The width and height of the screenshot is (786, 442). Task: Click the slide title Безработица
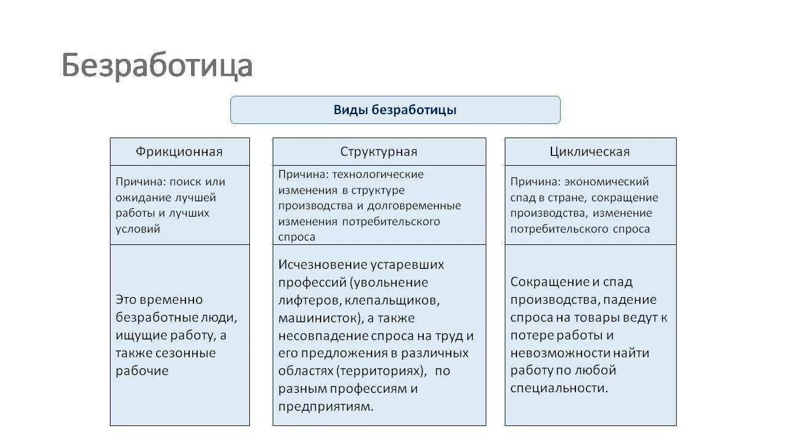[x=157, y=66]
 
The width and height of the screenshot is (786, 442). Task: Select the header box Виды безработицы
[x=395, y=110]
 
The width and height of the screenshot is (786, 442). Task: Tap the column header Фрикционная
[x=179, y=152]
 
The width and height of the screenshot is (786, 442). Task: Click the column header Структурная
[x=379, y=152]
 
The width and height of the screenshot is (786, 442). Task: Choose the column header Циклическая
[x=590, y=152]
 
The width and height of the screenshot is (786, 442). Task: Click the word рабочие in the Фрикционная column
[x=142, y=371]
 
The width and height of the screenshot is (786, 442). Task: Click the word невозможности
[x=561, y=353]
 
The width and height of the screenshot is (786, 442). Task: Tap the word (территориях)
[x=381, y=371]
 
